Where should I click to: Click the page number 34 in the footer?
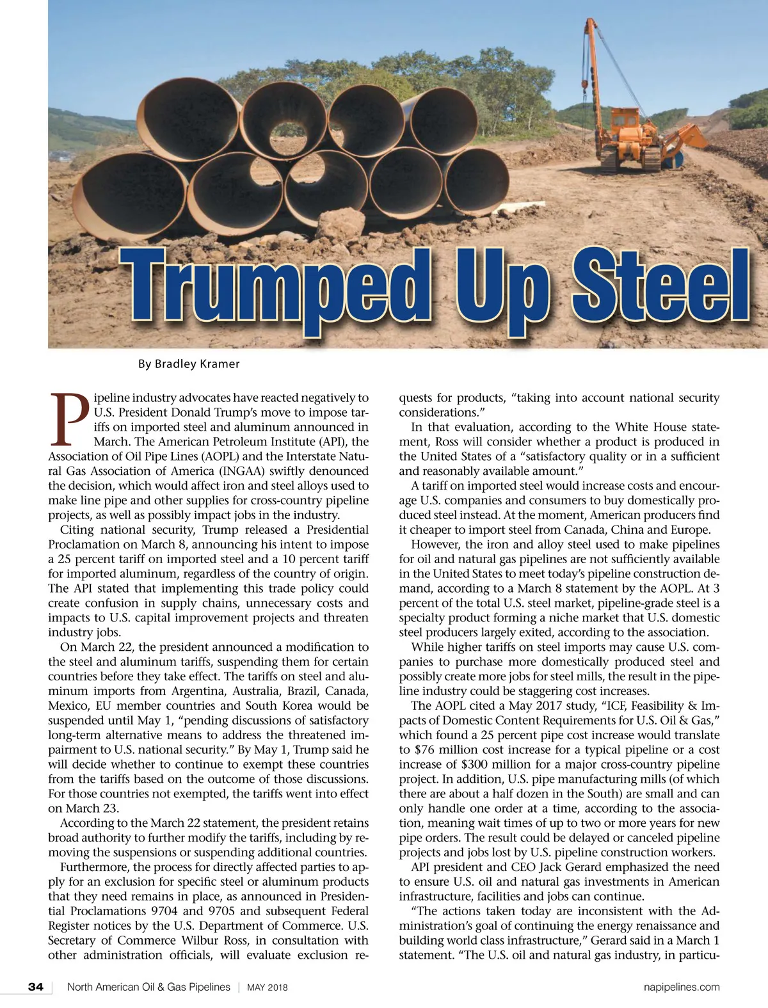[36, 987]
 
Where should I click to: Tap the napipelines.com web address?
[682, 987]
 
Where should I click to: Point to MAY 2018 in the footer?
[268, 988]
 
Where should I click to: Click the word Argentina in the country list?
[195, 691]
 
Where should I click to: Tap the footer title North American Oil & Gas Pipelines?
[148, 987]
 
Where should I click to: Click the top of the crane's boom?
[587, 23]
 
